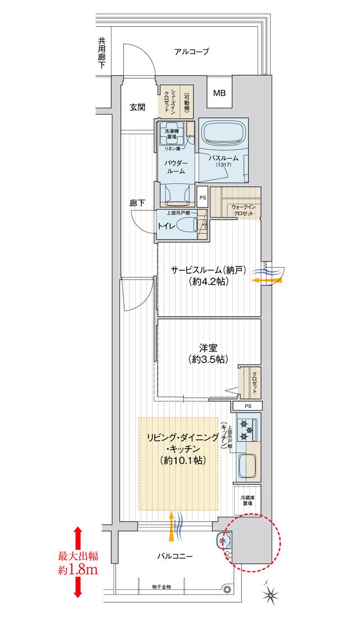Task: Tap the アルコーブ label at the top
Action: pyautogui.click(x=192, y=52)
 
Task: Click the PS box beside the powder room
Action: pyautogui.click(x=202, y=197)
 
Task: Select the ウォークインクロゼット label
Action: pyautogui.click(x=244, y=211)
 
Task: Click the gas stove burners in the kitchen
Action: pyautogui.click(x=246, y=430)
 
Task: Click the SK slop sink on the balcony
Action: pyautogui.click(x=222, y=540)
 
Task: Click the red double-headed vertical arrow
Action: pyautogui.click(x=78, y=562)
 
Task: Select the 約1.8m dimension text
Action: pyautogui.click(x=78, y=570)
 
